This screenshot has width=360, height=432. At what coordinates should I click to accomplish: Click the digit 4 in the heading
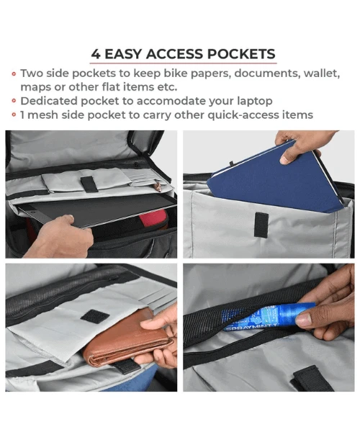click(x=96, y=54)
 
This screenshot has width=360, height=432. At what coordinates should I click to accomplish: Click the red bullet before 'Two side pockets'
click(x=14, y=74)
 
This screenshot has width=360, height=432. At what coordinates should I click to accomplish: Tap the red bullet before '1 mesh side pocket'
click(x=14, y=115)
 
